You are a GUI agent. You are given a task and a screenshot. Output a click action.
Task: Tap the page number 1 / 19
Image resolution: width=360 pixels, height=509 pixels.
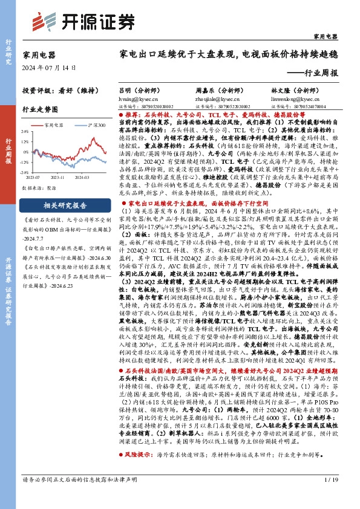(x=332, y=496)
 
